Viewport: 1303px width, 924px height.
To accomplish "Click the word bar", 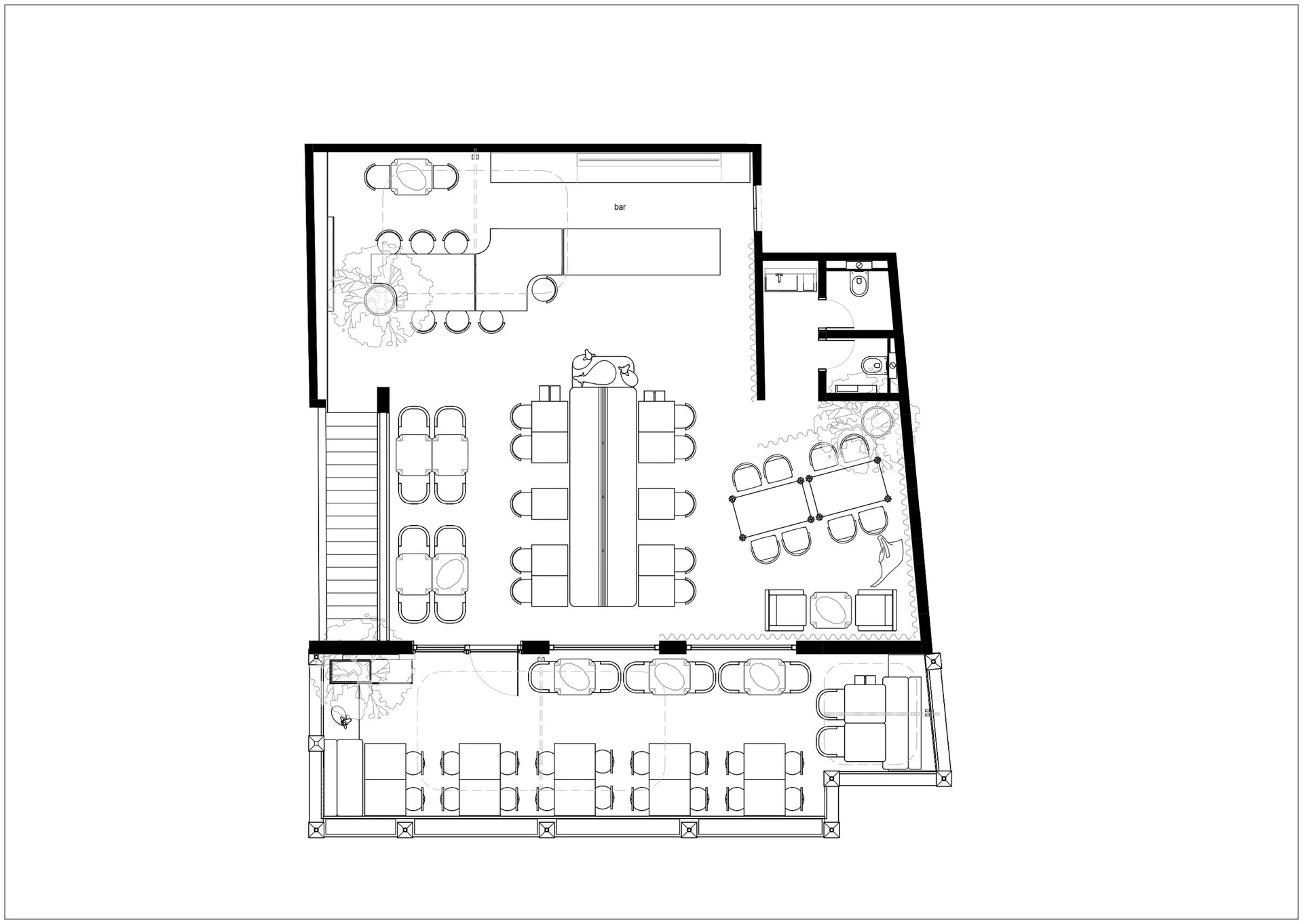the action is click(620, 207).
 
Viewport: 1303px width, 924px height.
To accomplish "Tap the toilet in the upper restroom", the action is click(858, 284).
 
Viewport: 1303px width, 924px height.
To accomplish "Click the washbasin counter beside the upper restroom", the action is click(791, 280).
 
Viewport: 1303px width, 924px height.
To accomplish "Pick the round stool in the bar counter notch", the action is click(544, 288).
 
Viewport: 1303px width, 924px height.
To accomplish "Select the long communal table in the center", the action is click(603, 497).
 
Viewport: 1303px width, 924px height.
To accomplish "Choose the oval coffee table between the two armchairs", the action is click(830, 610).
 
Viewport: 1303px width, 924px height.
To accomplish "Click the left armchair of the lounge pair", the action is click(785, 610).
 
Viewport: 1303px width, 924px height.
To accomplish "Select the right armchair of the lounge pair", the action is click(875, 610).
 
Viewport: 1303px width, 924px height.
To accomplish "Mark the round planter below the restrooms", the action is click(878, 421).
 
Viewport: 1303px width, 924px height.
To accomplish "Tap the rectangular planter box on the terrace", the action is click(350, 671).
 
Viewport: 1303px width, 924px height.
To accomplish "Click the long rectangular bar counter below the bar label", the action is click(641, 252).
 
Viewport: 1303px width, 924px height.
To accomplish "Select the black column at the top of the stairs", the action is click(383, 399).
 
